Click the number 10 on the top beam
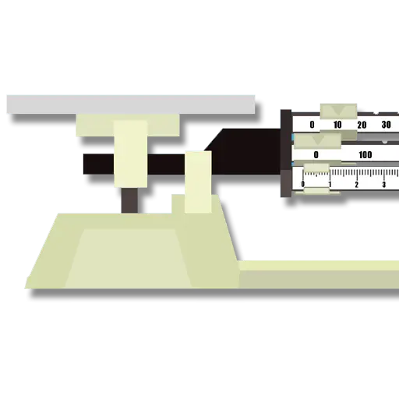[337, 125]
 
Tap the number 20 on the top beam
[362, 125]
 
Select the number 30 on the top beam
[386, 125]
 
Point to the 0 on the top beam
[312, 125]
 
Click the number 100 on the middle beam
[365, 155]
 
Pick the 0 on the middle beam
[316, 155]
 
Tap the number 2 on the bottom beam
[357, 185]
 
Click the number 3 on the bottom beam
[384, 185]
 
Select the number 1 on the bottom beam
[330, 185]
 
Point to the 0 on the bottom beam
[303, 184]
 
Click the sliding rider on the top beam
[338, 111]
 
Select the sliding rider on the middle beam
[317, 141]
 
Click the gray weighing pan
[131, 104]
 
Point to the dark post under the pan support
[129, 200]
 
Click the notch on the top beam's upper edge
[376, 113]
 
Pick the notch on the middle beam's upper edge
[385, 142]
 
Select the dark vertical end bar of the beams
[286, 154]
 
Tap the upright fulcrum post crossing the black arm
[198, 182]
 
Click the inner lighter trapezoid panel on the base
[128, 259]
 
